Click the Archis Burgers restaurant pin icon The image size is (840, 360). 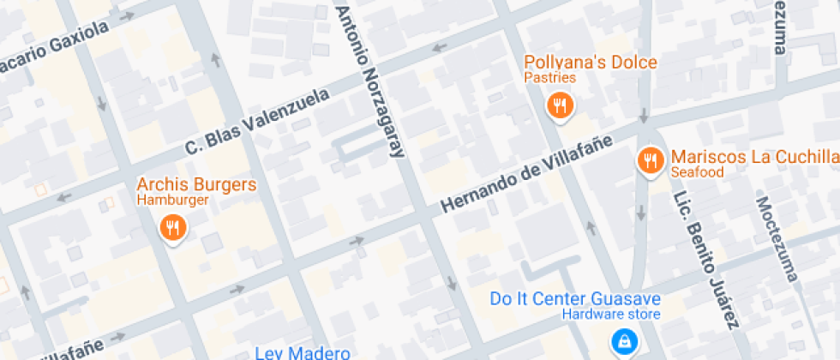[173, 227]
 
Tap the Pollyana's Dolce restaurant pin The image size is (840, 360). [560, 105]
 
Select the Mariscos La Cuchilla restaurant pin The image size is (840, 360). [650, 160]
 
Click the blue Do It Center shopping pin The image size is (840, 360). [621, 342]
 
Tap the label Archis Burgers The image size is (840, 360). [196, 185]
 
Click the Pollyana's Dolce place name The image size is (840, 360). [591, 63]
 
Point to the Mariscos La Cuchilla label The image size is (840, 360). [754, 157]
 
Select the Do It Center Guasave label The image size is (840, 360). [575, 299]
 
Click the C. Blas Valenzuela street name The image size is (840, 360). [258, 123]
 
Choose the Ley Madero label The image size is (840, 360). [303, 353]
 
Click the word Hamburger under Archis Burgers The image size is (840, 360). [172, 201]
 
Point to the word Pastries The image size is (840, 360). [549, 78]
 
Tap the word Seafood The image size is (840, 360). [698, 172]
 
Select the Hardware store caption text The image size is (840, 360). [611, 315]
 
